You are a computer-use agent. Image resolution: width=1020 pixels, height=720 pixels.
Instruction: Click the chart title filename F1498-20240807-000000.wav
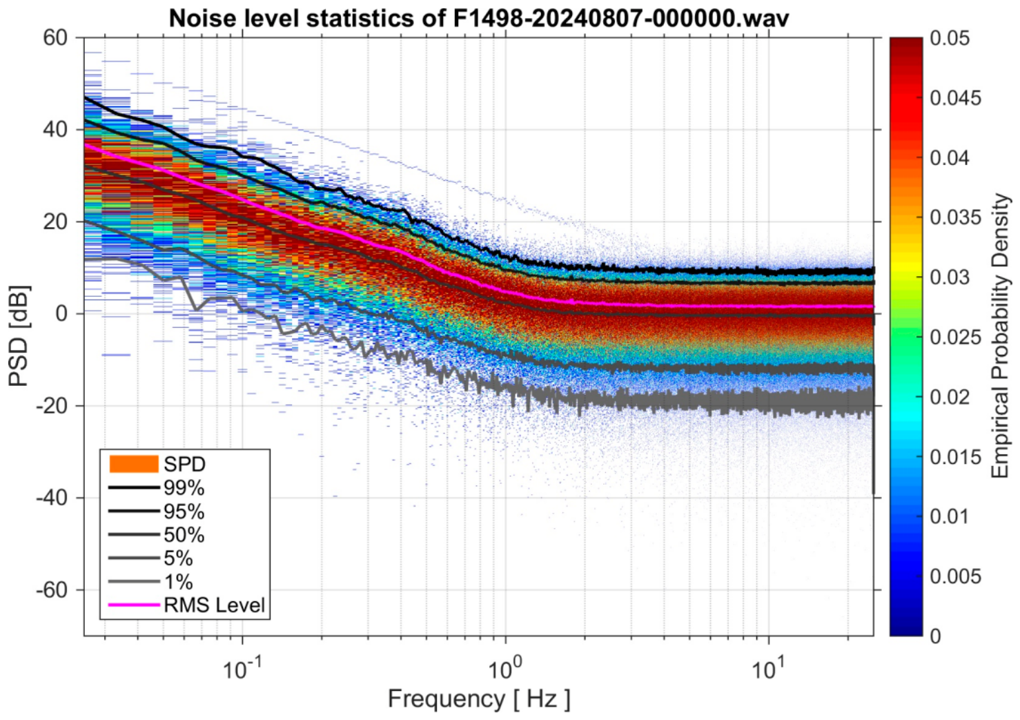click(x=620, y=19)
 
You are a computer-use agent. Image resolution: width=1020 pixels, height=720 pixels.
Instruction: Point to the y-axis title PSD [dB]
click(x=19, y=336)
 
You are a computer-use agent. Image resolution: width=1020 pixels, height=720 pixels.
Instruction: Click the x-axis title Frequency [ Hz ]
click(x=478, y=699)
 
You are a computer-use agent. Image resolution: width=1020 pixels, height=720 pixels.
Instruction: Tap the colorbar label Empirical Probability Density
click(x=1001, y=336)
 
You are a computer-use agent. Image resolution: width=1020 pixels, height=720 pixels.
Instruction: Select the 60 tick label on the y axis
click(x=55, y=38)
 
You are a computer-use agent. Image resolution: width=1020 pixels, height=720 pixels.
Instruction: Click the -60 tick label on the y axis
click(x=52, y=590)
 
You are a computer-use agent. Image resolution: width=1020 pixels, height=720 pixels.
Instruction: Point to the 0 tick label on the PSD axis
click(x=61, y=314)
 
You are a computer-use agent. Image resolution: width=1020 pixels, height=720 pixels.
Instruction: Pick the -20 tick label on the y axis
click(x=52, y=406)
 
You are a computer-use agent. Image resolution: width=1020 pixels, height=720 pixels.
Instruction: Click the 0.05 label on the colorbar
click(x=950, y=38)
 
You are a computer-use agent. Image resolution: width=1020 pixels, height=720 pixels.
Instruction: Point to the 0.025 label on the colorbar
click(x=955, y=338)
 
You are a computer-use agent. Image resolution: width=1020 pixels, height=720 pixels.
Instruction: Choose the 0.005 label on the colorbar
click(x=955, y=576)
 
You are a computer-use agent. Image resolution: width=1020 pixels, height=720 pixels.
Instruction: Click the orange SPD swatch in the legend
click(x=134, y=464)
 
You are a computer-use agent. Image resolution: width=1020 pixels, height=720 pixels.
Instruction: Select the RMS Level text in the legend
click(x=215, y=605)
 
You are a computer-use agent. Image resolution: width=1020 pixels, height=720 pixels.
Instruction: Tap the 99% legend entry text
click(x=184, y=488)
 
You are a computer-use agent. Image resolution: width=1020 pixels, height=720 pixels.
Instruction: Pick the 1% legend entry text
click(x=179, y=581)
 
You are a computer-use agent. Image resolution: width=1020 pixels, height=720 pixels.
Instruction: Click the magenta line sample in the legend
click(x=134, y=605)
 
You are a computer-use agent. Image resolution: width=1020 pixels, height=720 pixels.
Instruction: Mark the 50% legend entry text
click(x=184, y=534)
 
